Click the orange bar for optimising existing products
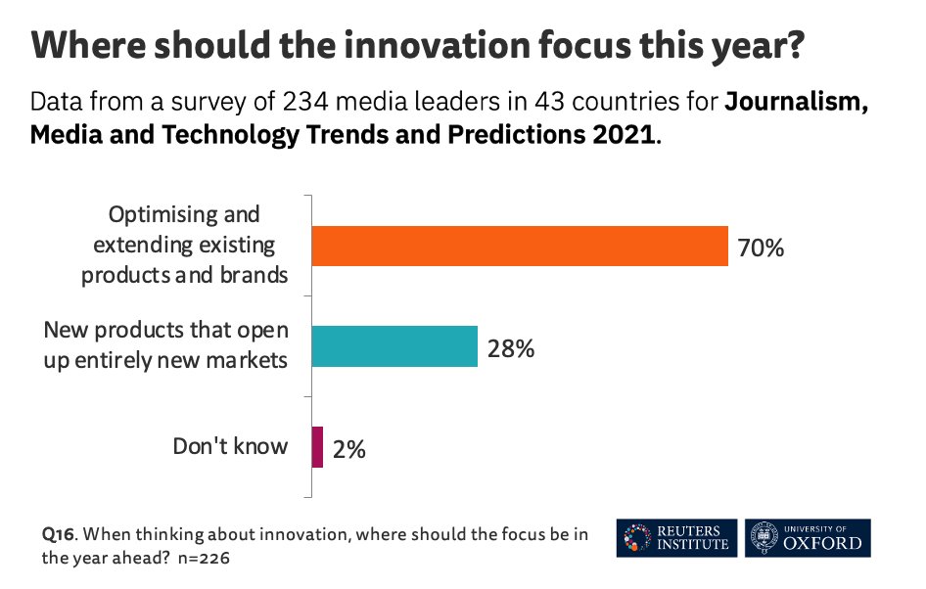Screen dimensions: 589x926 pos(519,246)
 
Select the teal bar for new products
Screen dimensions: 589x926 pos(394,346)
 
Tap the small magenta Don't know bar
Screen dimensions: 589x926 pos(317,447)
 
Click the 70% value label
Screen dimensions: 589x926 pos(761,248)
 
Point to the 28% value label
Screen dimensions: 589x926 pos(510,347)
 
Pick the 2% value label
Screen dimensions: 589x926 pos(348,449)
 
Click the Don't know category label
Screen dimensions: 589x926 pos(230,446)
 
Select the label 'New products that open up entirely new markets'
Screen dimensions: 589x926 pos(165,345)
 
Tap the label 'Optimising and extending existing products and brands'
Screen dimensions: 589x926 pos(184,245)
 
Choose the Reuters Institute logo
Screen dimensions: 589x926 pos(675,537)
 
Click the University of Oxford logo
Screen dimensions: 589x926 pos(807,537)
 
